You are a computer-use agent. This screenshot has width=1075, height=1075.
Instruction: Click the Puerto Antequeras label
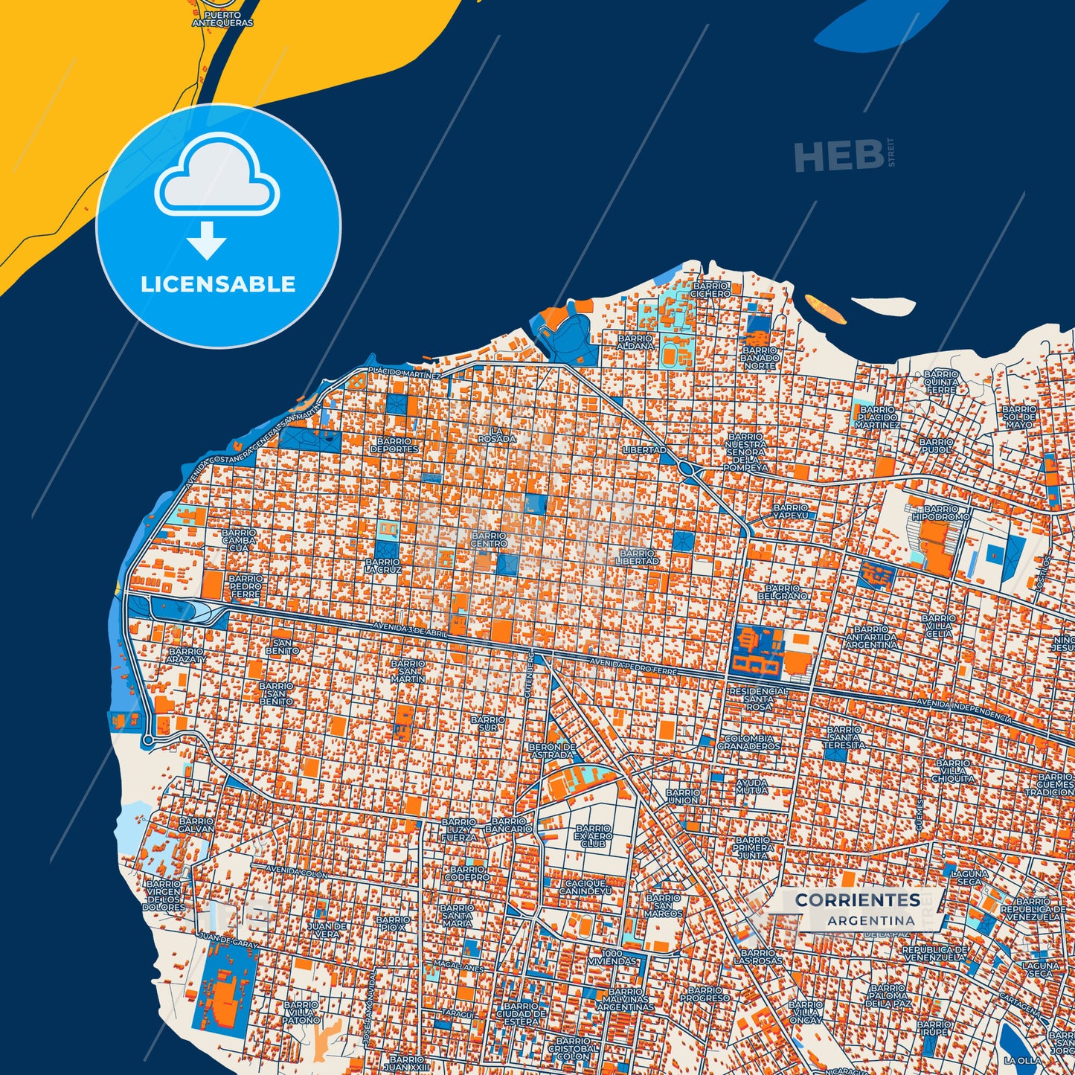click(x=222, y=19)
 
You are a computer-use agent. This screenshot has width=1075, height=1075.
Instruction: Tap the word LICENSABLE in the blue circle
click(x=218, y=284)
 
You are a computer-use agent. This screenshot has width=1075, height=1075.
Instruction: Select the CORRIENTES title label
click(x=858, y=900)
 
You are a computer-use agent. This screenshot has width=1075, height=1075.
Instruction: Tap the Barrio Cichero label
click(x=710, y=289)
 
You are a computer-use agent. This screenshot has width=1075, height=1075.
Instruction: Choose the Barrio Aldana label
click(x=635, y=341)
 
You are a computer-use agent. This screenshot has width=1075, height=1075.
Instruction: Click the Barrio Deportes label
click(x=394, y=445)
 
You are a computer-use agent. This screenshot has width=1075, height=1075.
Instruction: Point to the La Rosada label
click(x=496, y=434)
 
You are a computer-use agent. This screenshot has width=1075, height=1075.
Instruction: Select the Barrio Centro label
click(x=489, y=539)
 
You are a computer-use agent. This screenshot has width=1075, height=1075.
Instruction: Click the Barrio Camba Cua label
click(x=238, y=540)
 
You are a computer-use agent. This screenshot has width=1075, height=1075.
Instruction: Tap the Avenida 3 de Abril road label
click(x=411, y=630)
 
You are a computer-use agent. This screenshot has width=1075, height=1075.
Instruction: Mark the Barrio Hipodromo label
click(x=941, y=512)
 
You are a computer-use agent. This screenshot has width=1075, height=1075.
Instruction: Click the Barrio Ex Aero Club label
click(x=594, y=836)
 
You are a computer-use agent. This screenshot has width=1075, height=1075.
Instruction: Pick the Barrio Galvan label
click(x=196, y=824)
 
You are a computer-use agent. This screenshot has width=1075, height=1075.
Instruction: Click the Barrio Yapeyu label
click(x=790, y=511)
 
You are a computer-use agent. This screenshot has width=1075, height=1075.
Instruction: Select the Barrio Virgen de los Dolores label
click(x=164, y=896)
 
